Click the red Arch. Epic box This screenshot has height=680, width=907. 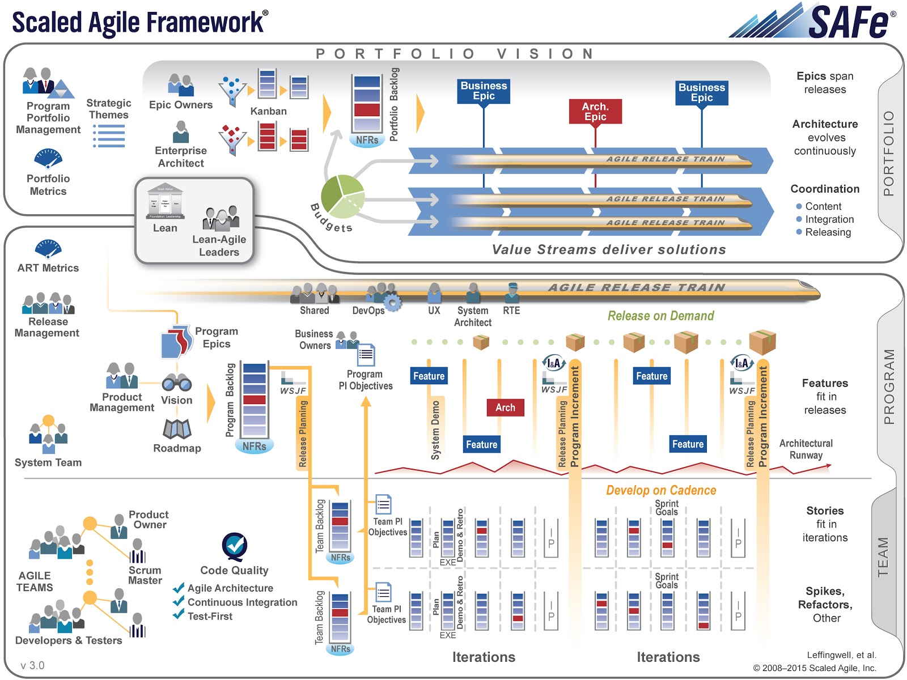[x=595, y=112]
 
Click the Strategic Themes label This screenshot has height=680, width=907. [x=108, y=109]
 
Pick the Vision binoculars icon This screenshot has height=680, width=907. [x=176, y=383]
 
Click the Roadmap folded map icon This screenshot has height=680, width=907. [x=177, y=430]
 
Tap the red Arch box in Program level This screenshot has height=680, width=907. [x=505, y=407]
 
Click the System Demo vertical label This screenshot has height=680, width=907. [x=435, y=430]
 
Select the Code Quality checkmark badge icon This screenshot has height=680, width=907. [x=234, y=546]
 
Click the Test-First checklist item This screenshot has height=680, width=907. [x=210, y=617]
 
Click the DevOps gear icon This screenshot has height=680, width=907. [x=392, y=303]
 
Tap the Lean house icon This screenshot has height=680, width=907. [x=165, y=201]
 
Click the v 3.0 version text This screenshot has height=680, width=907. [x=32, y=665]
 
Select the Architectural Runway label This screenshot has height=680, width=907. [x=806, y=449]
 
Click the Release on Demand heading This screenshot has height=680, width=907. [x=660, y=316]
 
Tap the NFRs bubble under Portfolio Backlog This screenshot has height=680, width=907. [x=367, y=140]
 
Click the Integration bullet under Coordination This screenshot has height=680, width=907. [x=829, y=219]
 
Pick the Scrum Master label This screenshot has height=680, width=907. [x=145, y=575]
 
